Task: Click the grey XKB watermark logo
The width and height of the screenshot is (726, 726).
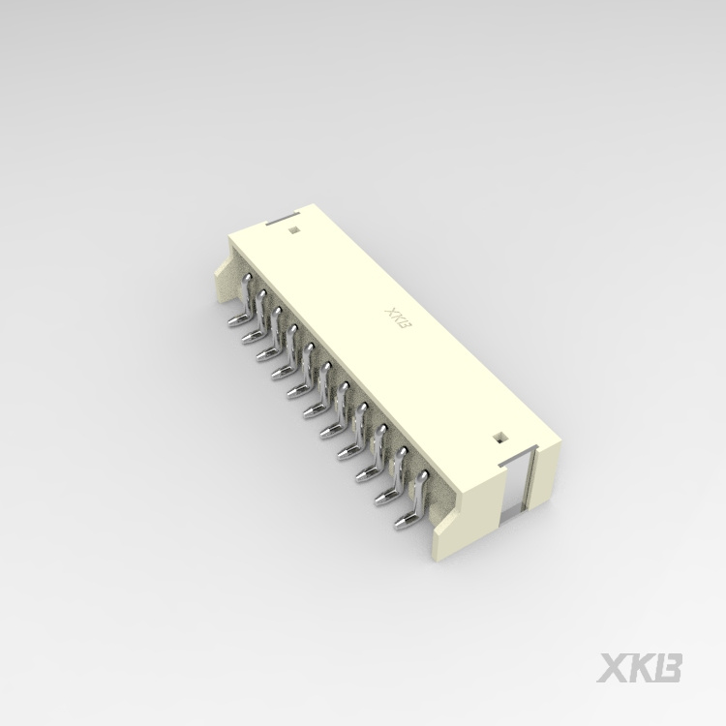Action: coord(639,668)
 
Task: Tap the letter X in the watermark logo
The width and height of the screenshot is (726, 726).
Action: coord(611,668)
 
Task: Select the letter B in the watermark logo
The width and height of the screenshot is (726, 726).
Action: coord(669,668)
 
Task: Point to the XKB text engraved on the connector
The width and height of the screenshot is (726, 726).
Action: coord(398,320)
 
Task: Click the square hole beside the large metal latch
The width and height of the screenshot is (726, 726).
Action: coord(499,438)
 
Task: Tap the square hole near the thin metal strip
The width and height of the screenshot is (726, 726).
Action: coord(292,229)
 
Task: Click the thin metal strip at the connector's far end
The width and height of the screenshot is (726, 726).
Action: coord(282,219)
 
